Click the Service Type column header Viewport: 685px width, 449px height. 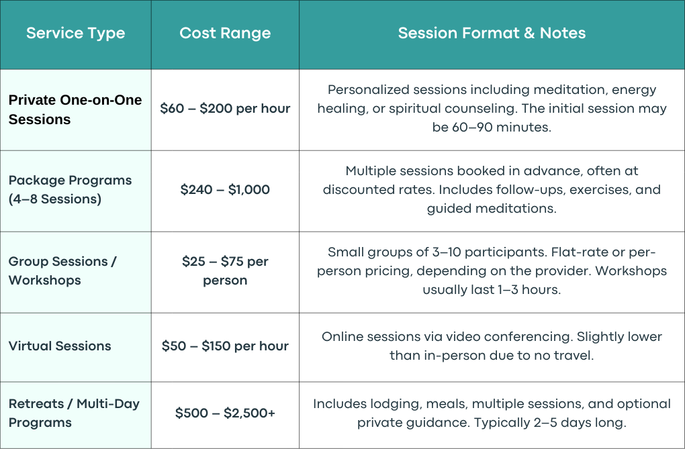tap(76, 33)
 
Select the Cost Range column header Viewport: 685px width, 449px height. tap(225, 33)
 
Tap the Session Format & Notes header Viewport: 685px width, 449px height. tap(492, 33)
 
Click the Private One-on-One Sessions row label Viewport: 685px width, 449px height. tap(75, 109)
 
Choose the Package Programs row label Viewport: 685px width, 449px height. tap(70, 189)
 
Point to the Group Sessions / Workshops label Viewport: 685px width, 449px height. tap(62, 270)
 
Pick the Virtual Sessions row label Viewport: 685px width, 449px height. tap(60, 346)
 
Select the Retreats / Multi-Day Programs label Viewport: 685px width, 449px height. tap(75, 413)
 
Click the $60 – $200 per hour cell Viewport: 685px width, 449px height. tap(225, 108)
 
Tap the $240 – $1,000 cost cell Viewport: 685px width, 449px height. tap(225, 189)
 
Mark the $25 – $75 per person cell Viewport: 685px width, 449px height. tap(225, 270)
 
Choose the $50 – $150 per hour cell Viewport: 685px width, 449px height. tap(225, 346)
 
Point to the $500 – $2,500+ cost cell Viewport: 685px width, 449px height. tap(225, 413)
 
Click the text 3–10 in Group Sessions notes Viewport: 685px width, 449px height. tap(445, 252)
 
